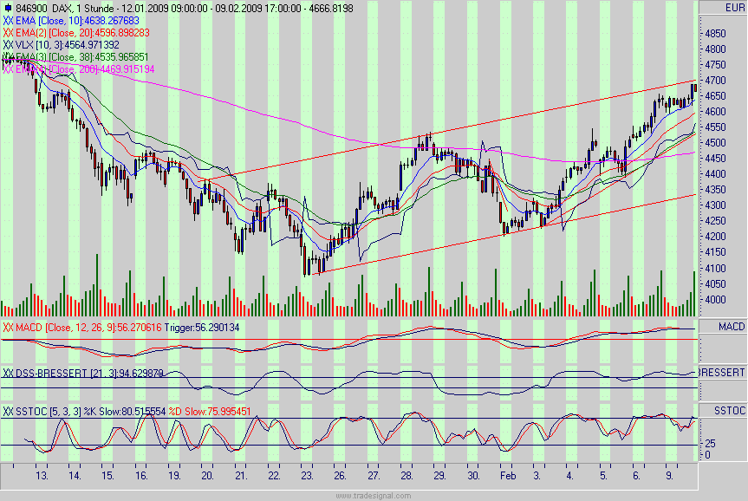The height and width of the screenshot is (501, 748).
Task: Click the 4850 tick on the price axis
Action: (715, 33)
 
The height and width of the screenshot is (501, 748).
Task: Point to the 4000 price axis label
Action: (715, 300)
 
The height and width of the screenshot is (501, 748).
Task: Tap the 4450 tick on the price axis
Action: (715, 159)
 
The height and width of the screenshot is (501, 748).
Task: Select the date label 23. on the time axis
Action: (308, 476)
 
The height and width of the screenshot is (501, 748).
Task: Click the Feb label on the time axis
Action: (508, 476)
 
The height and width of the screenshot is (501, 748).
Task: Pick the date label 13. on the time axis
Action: (42, 476)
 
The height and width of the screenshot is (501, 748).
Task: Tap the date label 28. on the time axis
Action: (407, 476)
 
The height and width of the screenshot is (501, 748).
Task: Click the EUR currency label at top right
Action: (723, 8)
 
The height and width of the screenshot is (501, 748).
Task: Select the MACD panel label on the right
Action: (724, 326)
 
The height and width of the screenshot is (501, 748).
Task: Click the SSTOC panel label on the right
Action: (724, 409)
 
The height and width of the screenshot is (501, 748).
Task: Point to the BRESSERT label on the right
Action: (723, 372)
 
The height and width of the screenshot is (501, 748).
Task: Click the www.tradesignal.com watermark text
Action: (374, 495)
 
